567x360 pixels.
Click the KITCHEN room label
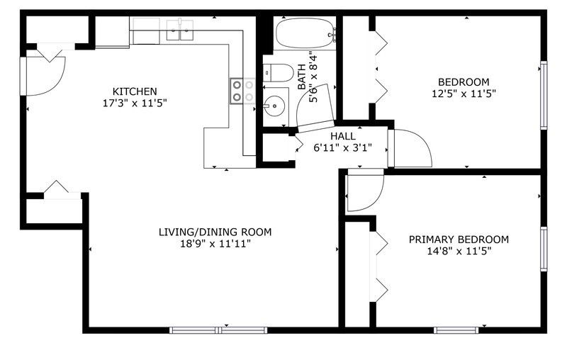point(135,91)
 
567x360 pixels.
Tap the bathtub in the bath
point(305,33)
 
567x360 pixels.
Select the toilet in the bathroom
point(278,73)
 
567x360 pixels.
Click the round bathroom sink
point(275,106)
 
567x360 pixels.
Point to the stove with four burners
point(242,91)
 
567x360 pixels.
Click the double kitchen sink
point(180,30)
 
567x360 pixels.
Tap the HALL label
point(343,136)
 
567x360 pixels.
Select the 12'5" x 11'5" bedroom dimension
point(464,94)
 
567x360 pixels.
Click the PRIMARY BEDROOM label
point(459,240)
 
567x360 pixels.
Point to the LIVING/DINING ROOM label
point(215,232)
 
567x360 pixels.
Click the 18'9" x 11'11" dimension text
point(215,244)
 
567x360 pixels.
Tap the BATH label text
point(301,77)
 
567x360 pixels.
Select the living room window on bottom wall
point(218,330)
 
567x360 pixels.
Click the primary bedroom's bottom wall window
point(456,330)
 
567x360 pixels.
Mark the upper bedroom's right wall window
point(544,95)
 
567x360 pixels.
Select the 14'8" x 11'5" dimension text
point(459,251)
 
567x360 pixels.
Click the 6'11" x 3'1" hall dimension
point(343,148)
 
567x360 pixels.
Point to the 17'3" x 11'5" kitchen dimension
point(135,103)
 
